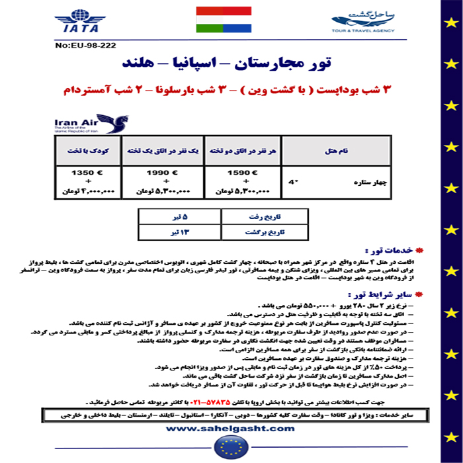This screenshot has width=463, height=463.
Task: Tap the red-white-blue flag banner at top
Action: click(224, 21)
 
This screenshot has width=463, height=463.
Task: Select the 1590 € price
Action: click(237, 173)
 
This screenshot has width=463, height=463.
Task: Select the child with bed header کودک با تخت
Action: click(84, 151)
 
